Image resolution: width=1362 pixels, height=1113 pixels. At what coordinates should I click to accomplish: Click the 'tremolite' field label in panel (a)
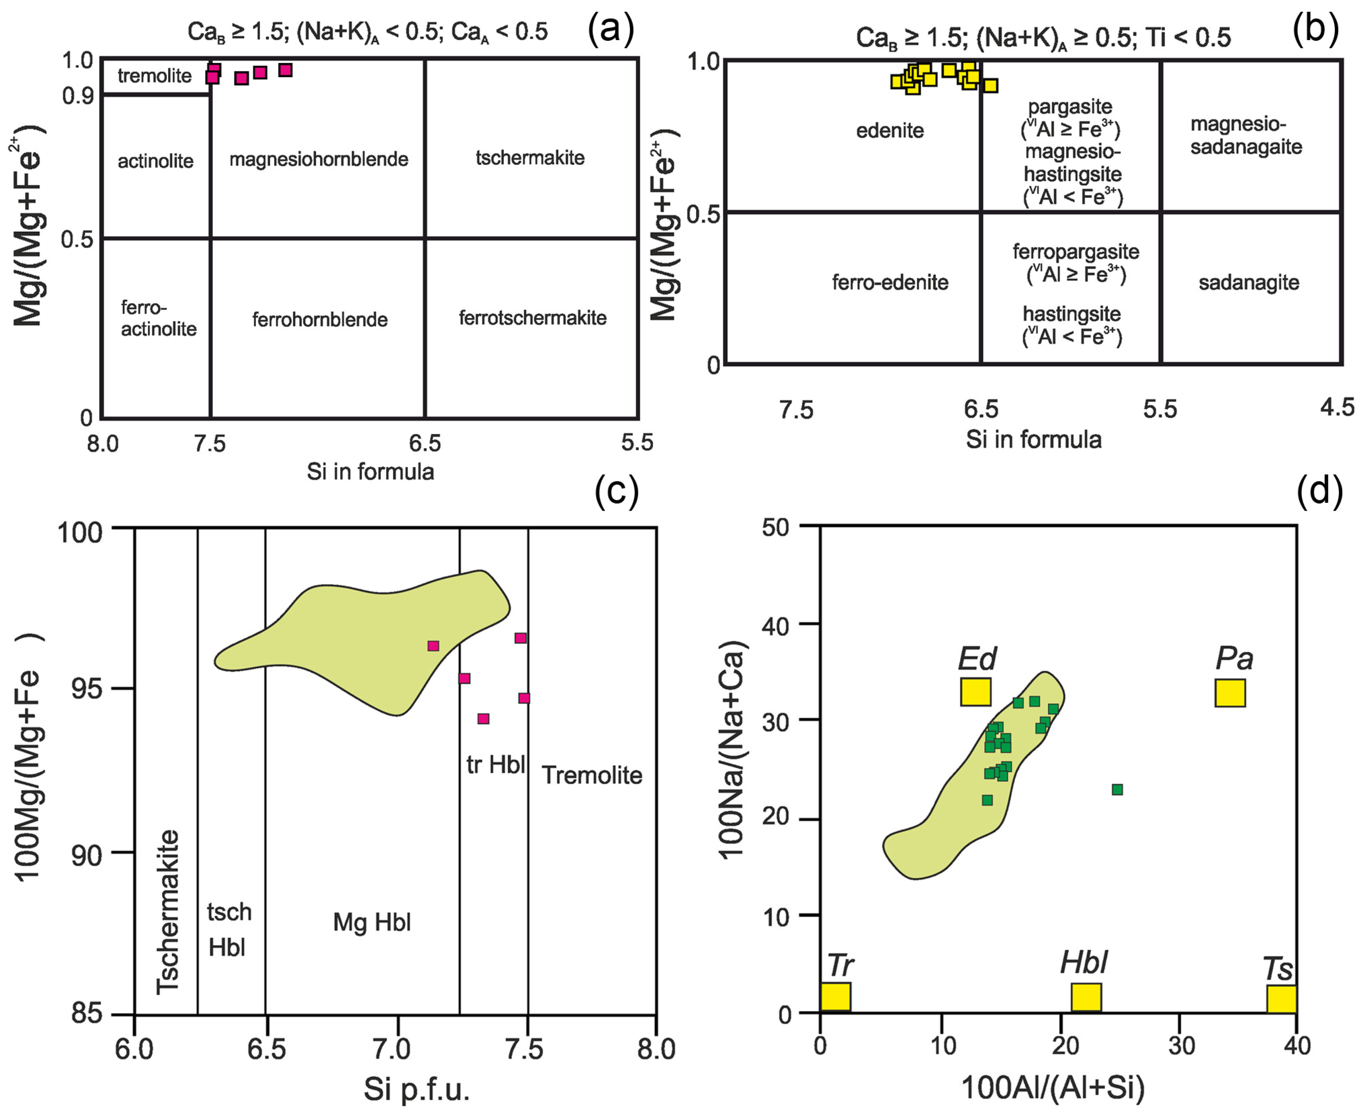(x=154, y=76)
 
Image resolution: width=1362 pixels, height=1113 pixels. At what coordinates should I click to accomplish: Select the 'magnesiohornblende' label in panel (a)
(x=319, y=158)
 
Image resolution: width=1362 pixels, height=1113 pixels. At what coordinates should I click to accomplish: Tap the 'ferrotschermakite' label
(x=532, y=317)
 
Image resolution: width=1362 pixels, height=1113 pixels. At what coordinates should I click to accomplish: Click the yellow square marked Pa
(x=1230, y=693)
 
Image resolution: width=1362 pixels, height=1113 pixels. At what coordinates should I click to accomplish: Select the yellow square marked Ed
(x=976, y=692)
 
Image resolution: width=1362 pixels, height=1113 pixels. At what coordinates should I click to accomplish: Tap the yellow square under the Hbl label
(x=1086, y=997)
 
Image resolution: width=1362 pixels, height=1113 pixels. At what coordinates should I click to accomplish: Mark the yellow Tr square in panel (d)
(x=836, y=997)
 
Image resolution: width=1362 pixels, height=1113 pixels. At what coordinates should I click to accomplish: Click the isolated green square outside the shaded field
(x=1117, y=789)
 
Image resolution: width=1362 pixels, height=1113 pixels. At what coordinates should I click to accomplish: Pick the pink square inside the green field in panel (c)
(x=433, y=646)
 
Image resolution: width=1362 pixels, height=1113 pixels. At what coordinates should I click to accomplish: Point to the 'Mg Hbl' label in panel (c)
(x=372, y=922)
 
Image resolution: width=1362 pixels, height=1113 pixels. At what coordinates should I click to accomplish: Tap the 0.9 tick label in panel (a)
(x=78, y=96)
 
